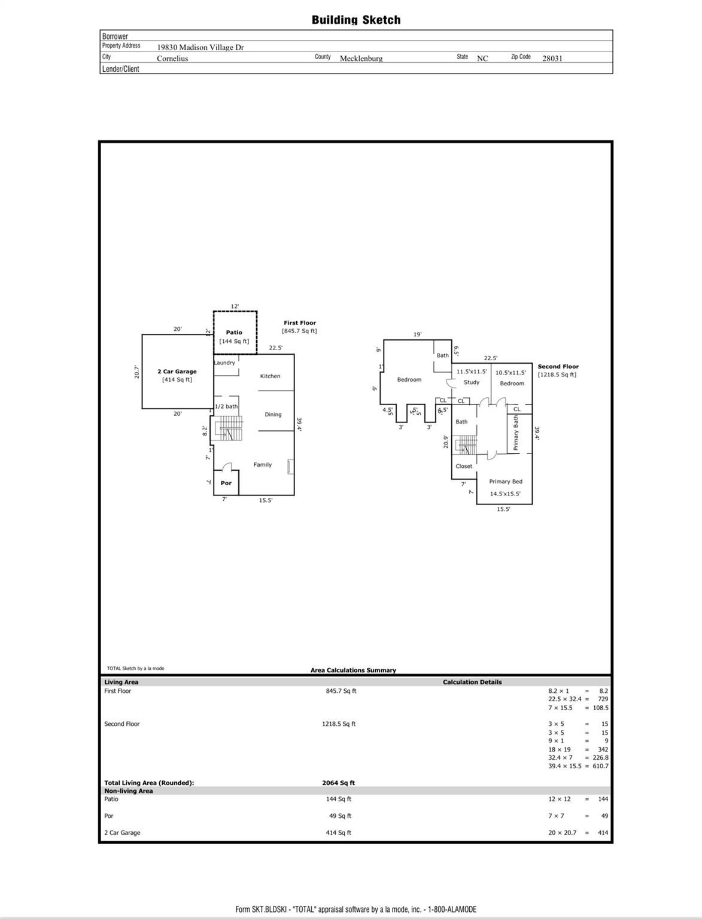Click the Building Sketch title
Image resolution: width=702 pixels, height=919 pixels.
[356, 20]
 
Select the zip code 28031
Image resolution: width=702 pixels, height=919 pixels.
[552, 58]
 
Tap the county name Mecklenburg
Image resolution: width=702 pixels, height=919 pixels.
[361, 58]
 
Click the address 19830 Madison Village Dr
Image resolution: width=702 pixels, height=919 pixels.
[200, 47]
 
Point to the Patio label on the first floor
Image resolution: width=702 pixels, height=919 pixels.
[234, 333]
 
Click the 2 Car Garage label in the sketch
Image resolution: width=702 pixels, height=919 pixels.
[177, 372]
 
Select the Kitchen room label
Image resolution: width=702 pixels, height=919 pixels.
[270, 376]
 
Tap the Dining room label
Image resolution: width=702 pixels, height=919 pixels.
[273, 415]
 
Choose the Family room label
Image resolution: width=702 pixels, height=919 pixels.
[262, 465]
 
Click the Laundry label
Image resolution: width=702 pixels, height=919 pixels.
[224, 363]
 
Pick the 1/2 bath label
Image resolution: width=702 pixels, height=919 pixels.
[226, 407]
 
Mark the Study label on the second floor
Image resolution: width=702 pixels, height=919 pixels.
[472, 382]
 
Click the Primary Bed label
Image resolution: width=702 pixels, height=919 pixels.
[506, 482]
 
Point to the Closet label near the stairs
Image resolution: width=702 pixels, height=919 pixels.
[464, 466]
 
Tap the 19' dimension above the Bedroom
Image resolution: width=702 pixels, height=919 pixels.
[418, 334]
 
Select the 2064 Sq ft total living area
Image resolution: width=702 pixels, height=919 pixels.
[339, 783]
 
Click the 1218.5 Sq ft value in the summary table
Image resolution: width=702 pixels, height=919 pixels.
[339, 724]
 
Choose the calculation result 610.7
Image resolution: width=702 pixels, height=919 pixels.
[600, 766]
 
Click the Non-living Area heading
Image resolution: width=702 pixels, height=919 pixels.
[129, 791]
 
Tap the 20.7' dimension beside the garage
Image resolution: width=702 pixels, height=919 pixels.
[136, 372]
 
